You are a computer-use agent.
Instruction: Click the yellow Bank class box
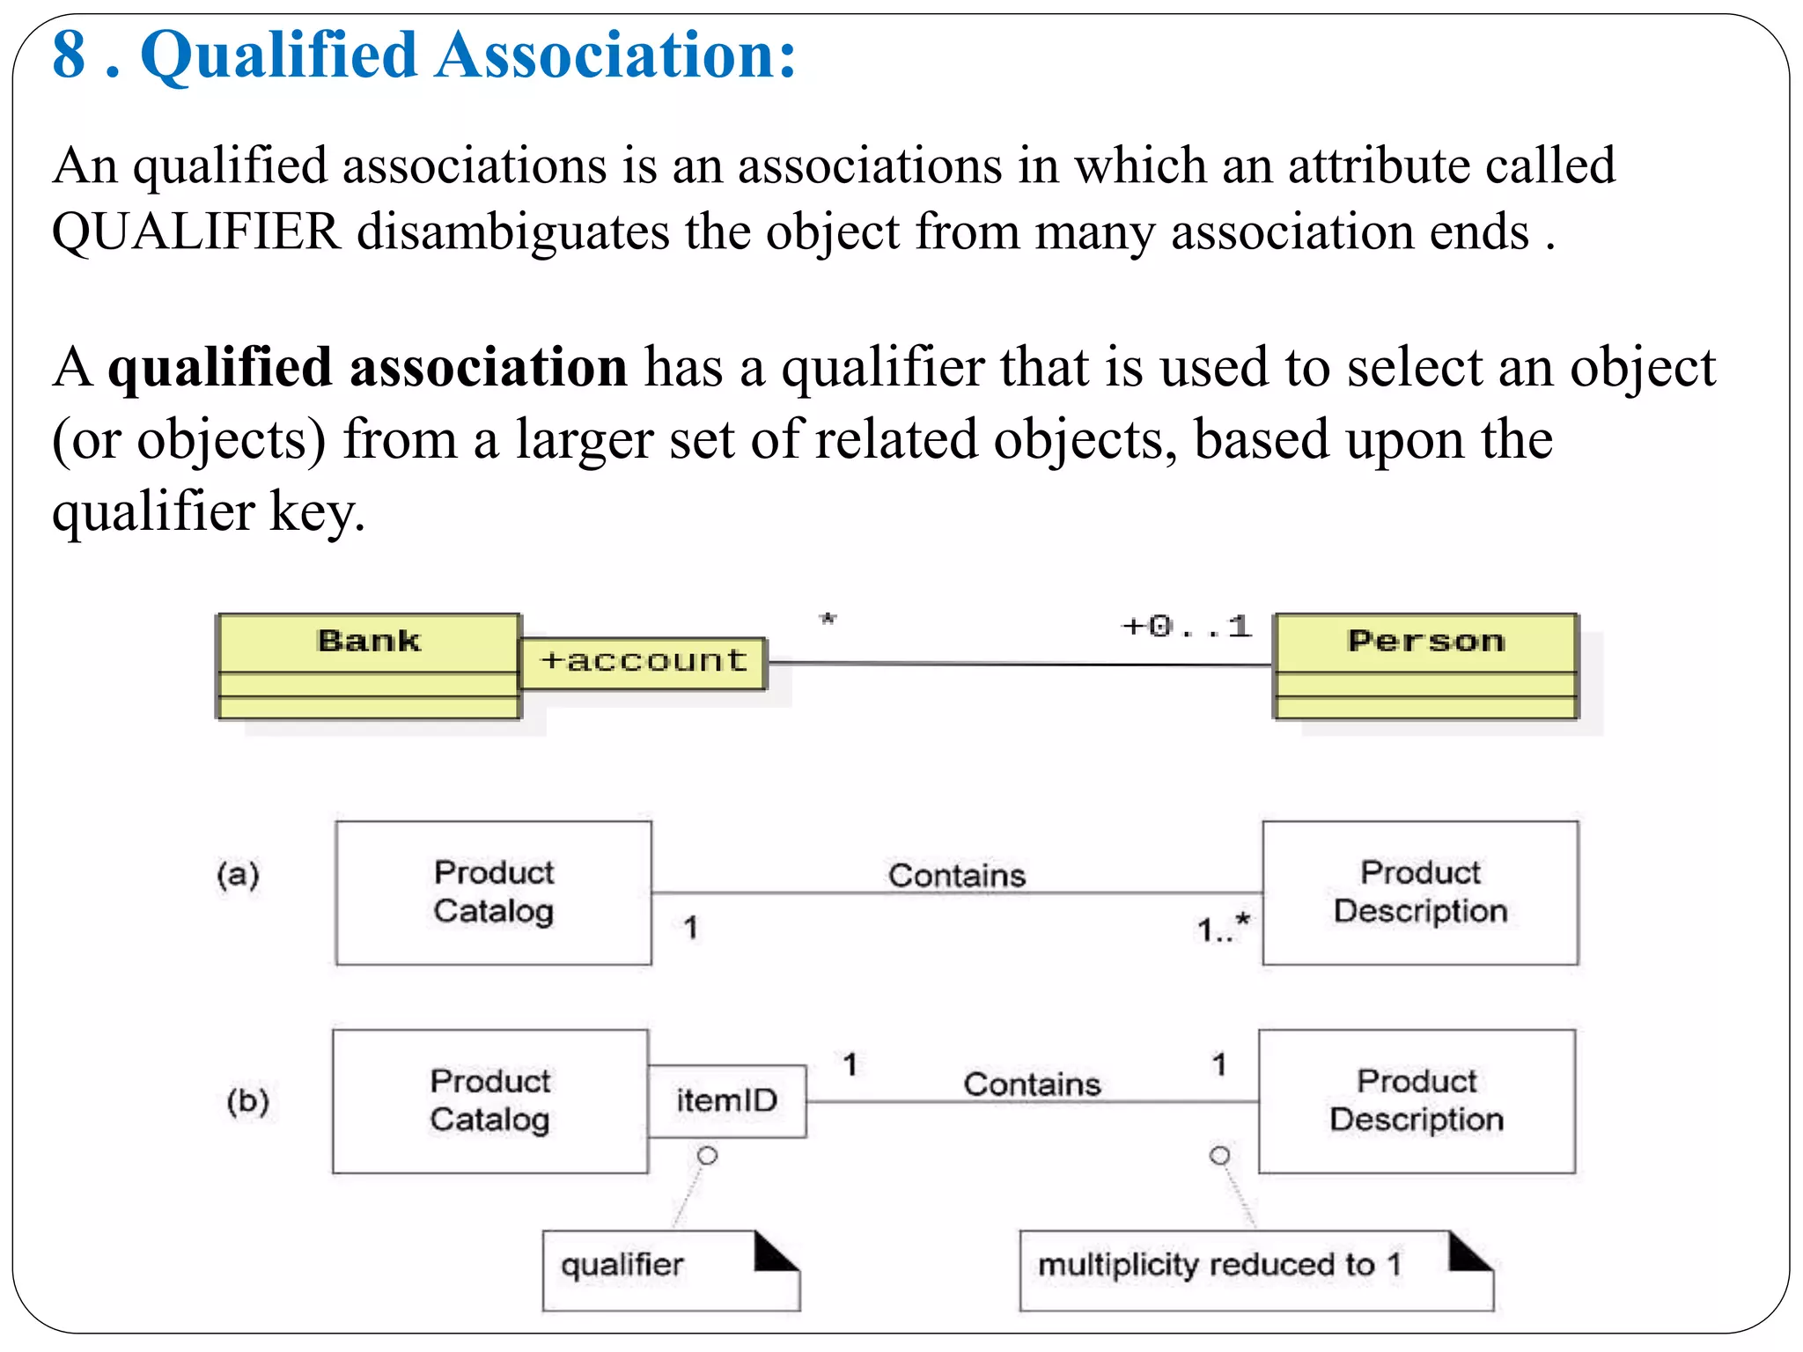click(368, 666)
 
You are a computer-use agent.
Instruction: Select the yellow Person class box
click(1425, 666)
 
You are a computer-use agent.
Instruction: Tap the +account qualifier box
click(643, 662)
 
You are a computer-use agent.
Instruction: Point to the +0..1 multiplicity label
click(1186, 627)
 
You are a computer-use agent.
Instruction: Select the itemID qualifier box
click(727, 1101)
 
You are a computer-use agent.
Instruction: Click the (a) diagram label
click(238, 875)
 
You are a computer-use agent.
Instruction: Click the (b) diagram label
click(247, 1101)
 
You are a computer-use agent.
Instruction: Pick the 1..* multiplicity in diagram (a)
click(1223, 929)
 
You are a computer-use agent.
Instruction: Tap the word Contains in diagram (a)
click(957, 876)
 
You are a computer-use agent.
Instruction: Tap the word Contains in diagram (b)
click(1032, 1084)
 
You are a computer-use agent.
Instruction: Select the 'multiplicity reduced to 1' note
click(1255, 1270)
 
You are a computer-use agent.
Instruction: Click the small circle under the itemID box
click(707, 1156)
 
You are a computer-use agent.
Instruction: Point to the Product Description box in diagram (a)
click(1420, 893)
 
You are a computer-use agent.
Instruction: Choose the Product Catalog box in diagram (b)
click(490, 1101)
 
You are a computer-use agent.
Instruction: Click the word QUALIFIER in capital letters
click(195, 232)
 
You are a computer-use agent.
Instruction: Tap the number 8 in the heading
click(69, 55)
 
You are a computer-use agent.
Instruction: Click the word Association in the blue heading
click(615, 55)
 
